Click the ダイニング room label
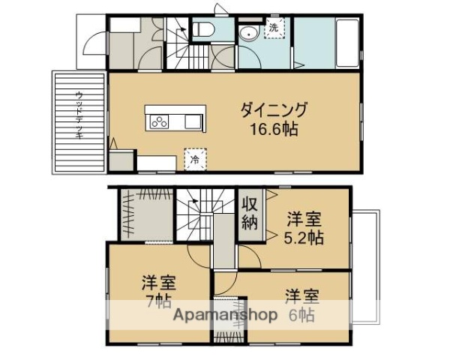(x=274, y=110)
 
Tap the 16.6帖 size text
(x=274, y=128)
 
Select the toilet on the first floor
(x=203, y=30)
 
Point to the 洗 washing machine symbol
(x=274, y=28)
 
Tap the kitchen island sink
(x=190, y=121)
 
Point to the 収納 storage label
(x=250, y=214)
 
